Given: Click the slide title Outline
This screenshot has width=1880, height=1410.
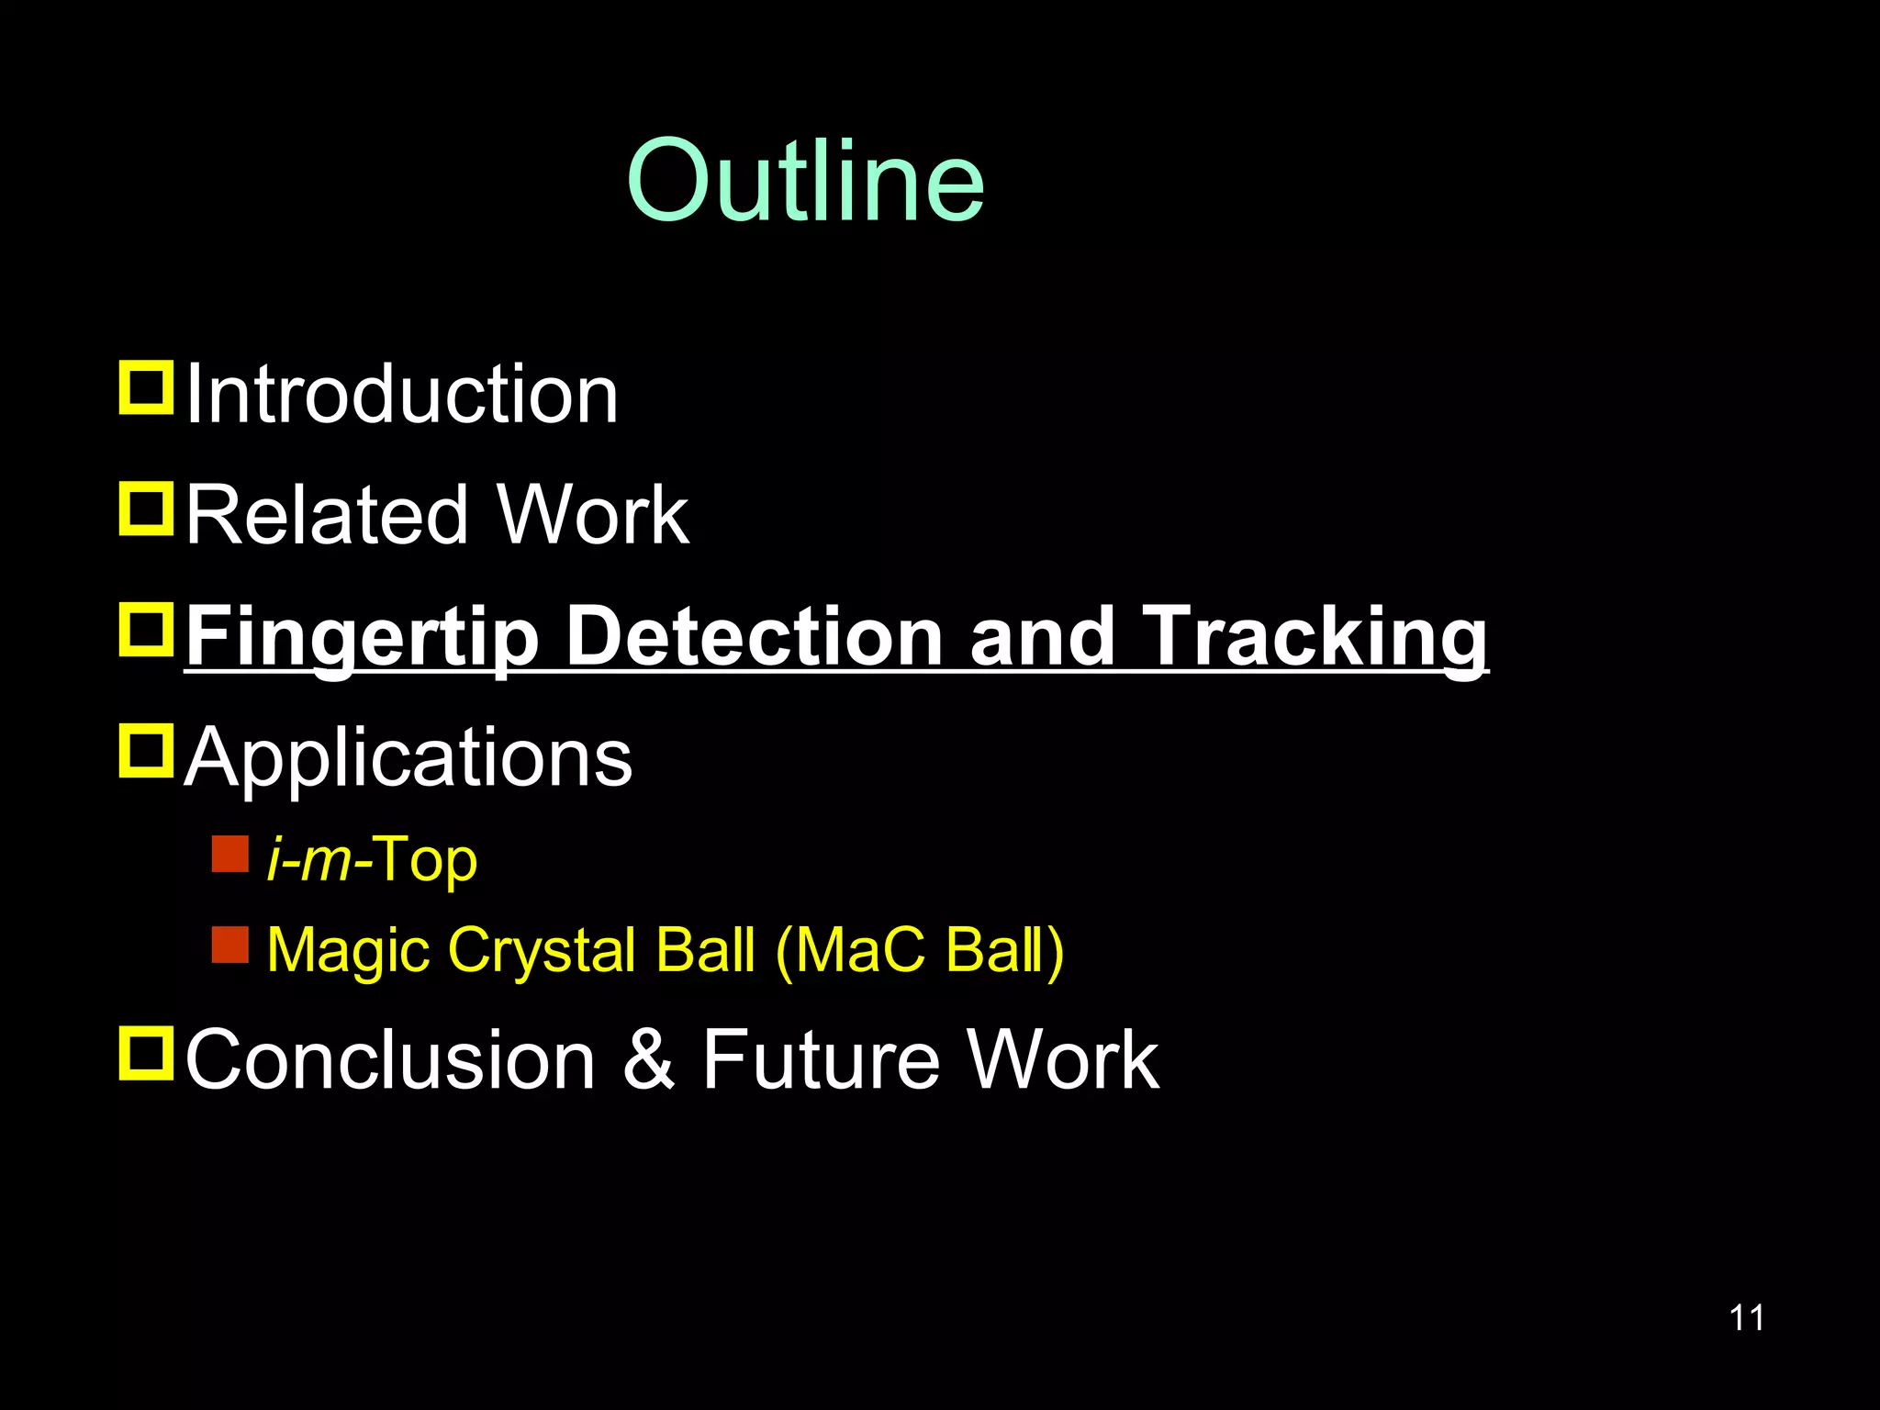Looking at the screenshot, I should pos(805,181).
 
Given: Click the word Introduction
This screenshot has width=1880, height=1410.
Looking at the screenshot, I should pos(402,395).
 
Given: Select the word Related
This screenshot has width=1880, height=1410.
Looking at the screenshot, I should pos(327,516).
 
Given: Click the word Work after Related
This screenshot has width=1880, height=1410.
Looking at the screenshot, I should pos(593,516).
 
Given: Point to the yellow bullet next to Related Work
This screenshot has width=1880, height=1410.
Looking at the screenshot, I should pos(146,509).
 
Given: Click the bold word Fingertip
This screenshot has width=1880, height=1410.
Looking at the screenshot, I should pos(362,638).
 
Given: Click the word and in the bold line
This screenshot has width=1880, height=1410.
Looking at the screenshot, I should pos(1041,636).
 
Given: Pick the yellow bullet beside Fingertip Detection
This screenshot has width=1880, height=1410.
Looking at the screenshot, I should pos(146,630).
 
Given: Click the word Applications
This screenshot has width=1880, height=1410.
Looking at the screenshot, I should pos(408,759).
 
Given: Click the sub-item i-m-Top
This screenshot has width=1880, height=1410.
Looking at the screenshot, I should pos(372,860).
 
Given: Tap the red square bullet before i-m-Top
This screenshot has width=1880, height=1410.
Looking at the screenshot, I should pos(229,854).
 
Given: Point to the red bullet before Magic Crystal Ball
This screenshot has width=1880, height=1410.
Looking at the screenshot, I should pos(229,945).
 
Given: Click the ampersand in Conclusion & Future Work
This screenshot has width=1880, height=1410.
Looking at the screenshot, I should pos(649,1060).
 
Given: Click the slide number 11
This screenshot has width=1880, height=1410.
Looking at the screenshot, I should pos(1746,1318).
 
